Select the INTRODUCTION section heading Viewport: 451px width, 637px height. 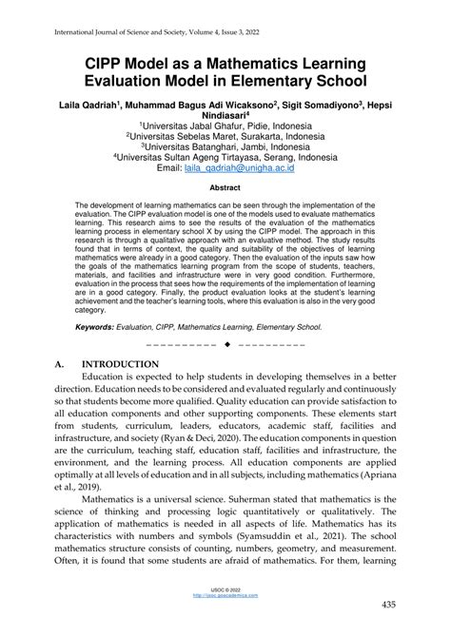coord(120,364)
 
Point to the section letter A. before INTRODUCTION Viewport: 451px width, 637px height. coord(60,364)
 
